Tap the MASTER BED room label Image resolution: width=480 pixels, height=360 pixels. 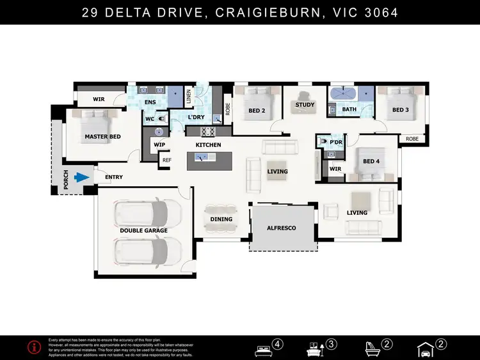pos(102,136)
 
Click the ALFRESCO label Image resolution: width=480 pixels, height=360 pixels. pos(282,228)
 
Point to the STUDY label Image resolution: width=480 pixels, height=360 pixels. pos(304,105)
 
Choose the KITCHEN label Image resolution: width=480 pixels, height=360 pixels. pos(208,145)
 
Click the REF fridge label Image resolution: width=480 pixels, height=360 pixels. pos(167,160)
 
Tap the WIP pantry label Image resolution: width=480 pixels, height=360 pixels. pos(160,145)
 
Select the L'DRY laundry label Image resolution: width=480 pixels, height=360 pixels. pos(196,118)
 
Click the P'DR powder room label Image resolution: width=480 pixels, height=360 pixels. pos(337,142)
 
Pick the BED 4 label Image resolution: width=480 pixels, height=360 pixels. pos(371,161)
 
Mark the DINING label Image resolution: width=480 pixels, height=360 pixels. pos(221,219)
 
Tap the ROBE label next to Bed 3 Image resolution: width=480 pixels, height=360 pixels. pos(412,138)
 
